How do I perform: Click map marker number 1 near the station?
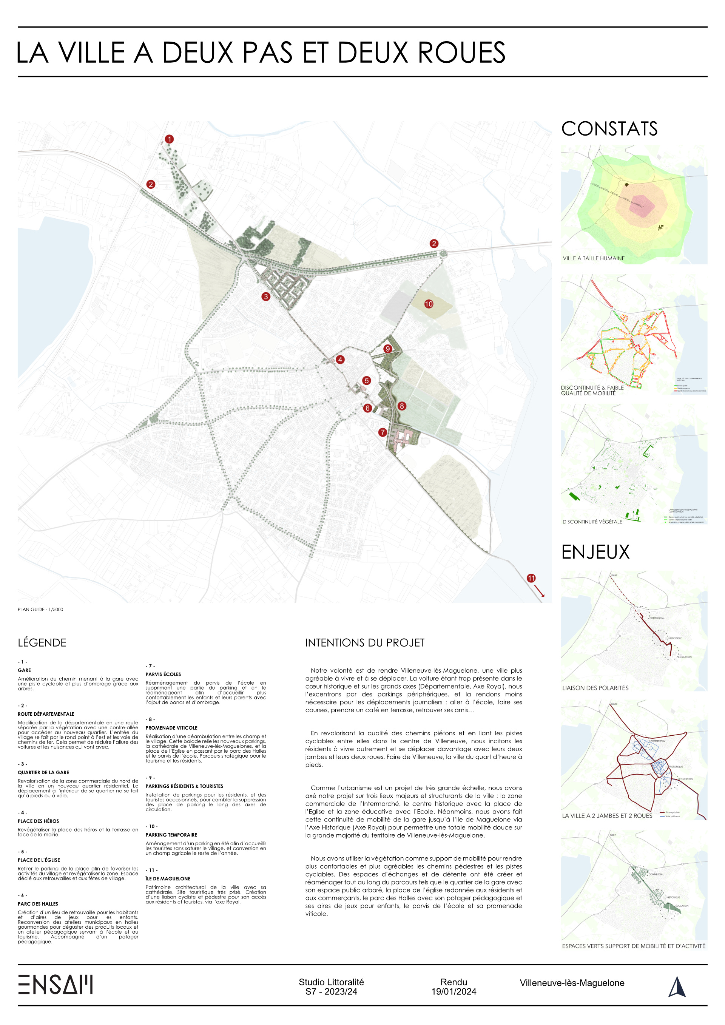[x=169, y=139]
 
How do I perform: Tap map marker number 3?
[x=265, y=296]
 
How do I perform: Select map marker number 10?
[x=429, y=304]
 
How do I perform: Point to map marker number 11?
[x=531, y=578]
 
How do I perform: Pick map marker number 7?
[x=383, y=432]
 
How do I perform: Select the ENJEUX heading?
[x=595, y=552]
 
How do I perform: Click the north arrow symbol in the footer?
[x=677, y=986]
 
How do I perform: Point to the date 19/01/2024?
[x=454, y=991]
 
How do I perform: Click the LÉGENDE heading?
[x=42, y=642]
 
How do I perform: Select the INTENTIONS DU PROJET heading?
[x=365, y=642]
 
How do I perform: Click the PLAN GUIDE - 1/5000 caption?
[x=40, y=610]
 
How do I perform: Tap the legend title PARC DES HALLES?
[x=38, y=903]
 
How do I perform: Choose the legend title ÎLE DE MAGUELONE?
[x=168, y=878]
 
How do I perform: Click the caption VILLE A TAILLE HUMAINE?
[x=593, y=258]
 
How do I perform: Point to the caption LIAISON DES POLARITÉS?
[x=595, y=688]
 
